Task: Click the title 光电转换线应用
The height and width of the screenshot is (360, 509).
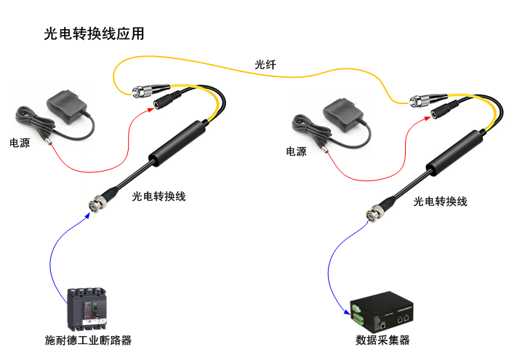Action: point(94,33)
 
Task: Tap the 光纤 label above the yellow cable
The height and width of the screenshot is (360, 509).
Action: point(265,65)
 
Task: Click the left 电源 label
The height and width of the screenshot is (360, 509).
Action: point(20,143)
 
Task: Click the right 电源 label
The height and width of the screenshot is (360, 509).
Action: point(296,151)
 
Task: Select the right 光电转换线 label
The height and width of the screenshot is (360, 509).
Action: point(440,201)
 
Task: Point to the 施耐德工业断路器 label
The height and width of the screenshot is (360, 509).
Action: point(88,340)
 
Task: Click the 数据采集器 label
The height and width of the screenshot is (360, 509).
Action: point(383,340)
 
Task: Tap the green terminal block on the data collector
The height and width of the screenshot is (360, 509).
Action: point(358,314)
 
